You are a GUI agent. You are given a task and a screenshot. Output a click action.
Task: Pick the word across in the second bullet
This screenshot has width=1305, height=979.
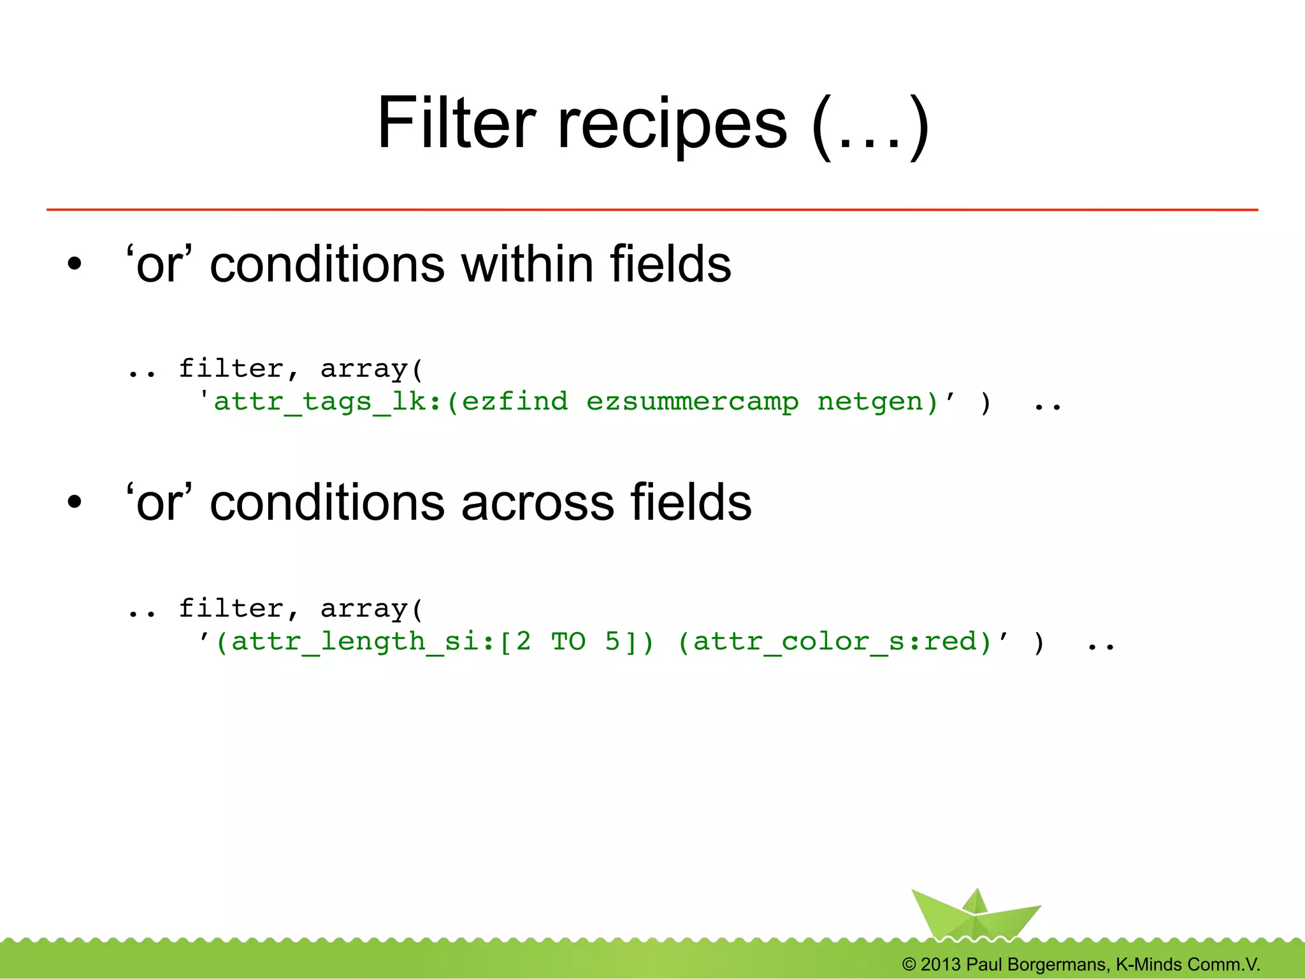(538, 503)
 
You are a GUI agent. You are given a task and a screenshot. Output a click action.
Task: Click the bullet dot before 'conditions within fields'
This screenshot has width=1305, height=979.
(75, 264)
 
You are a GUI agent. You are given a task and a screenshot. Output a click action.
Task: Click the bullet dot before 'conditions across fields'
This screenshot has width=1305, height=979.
(75, 503)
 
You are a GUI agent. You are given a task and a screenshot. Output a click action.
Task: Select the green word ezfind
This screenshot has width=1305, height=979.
(514, 402)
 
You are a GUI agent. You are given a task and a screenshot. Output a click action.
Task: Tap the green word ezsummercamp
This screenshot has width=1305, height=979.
(693, 402)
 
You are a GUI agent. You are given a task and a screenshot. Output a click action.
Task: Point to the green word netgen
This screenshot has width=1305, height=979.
(870, 402)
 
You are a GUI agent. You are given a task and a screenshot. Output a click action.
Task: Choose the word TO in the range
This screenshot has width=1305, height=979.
(568, 641)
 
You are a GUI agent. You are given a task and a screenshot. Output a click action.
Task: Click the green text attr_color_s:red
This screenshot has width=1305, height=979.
(835, 641)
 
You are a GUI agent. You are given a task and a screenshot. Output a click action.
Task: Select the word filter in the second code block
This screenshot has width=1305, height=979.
(231, 609)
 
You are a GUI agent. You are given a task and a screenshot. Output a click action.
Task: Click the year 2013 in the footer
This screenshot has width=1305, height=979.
(940, 964)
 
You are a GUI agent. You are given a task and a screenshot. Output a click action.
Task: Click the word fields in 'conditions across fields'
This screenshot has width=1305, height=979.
(691, 503)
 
